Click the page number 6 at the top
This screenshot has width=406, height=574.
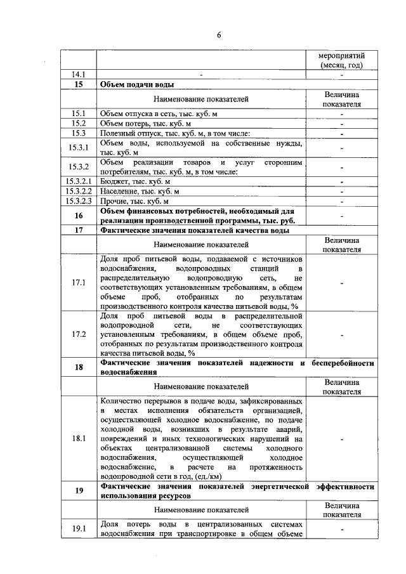pyautogui.click(x=218, y=34)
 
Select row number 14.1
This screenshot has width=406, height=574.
pyautogui.click(x=79, y=75)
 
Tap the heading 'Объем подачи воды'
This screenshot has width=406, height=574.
pyautogui.click(x=137, y=84)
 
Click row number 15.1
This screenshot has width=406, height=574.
pyautogui.click(x=79, y=114)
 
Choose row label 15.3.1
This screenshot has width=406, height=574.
pyautogui.click(x=79, y=148)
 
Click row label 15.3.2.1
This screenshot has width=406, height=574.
pyautogui.click(x=79, y=181)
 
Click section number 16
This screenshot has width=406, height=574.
pyautogui.click(x=79, y=216)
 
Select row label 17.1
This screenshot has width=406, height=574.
pyautogui.click(x=79, y=282)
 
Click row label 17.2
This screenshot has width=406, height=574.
pyautogui.click(x=79, y=334)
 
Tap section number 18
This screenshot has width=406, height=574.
pyautogui.click(x=79, y=367)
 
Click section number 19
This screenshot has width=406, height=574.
pyautogui.click(x=79, y=490)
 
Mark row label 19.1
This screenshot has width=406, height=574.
pyautogui.click(x=79, y=528)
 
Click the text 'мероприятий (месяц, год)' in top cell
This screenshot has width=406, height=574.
pyautogui.click(x=341, y=60)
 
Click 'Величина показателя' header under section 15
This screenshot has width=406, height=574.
pyautogui.click(x=341, y=99)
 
